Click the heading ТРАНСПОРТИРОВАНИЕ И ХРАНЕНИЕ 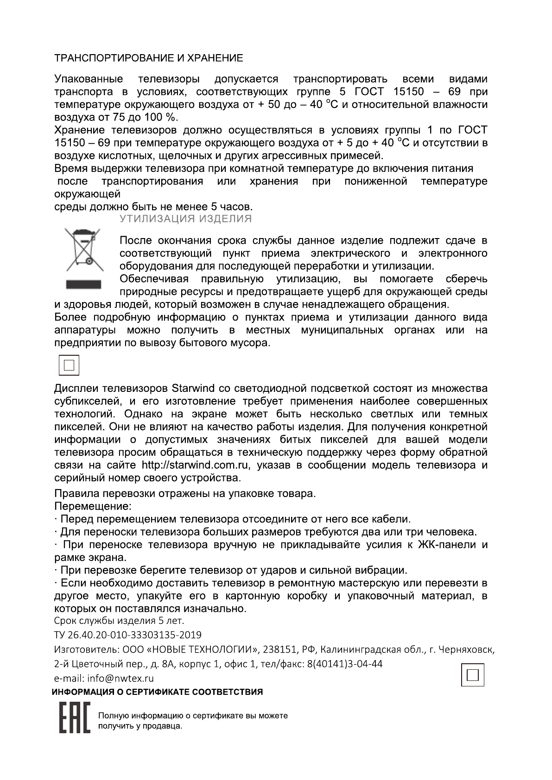tap(148, 58)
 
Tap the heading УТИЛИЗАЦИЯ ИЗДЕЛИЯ tap(186, 219)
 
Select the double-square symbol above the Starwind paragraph tap(69, 365)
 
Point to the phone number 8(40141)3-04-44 tap(345, 664)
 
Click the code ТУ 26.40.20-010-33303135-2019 tap(128, 635)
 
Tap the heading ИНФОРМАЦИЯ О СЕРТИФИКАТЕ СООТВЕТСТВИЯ tap(157, 692)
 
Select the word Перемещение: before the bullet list tap(93, 506)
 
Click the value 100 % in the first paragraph tap(162, 117)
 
